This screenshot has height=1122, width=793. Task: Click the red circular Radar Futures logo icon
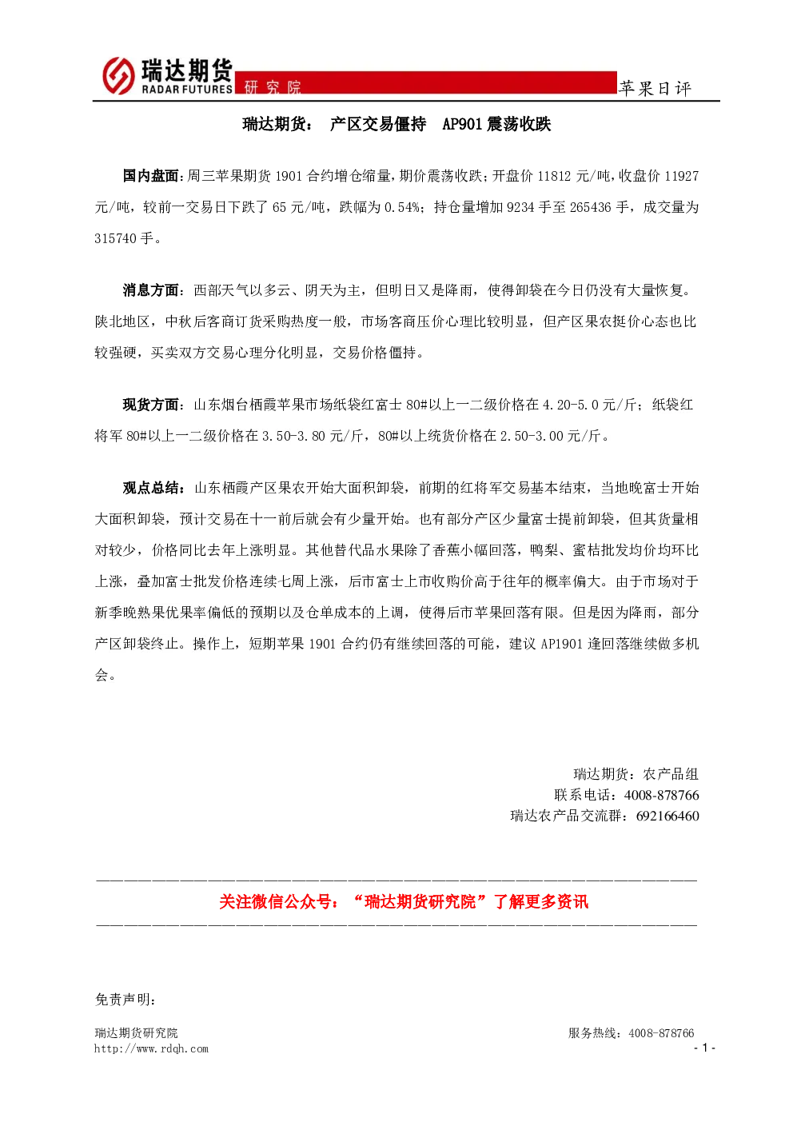[x=118, y=76]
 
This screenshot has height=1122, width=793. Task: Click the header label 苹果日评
[x=655, y=89]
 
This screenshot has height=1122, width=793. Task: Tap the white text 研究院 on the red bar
[x=273, y=87]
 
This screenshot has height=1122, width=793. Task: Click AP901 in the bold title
[x=462, y=124]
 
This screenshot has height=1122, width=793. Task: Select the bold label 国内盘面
[x=150, y=176]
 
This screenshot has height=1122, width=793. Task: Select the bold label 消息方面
[x=150, y=290]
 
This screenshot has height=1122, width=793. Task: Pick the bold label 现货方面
[x=150, y=404]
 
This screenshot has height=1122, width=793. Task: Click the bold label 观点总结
[x=150, y=487]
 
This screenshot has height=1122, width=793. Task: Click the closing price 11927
[x=681, y=176]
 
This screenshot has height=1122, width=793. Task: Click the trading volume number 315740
[x=116, y=239]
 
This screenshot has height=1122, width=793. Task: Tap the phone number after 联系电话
[x=661, y=795]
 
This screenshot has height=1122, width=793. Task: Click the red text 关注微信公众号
[x=275, y=901]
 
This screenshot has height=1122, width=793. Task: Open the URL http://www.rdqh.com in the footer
[x=151, y=1048]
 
